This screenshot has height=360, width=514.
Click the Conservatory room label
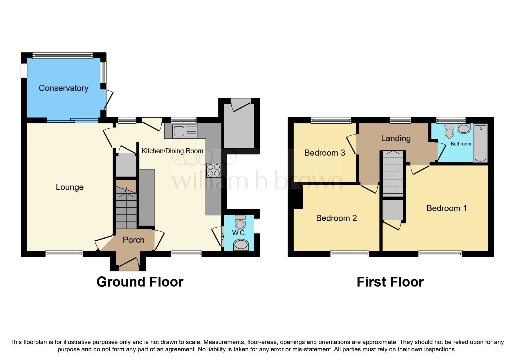[64, 88]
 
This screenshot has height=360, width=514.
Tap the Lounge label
[70, 187]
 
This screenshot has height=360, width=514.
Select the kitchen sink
[185, 131]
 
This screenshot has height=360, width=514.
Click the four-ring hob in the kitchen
[214, 170]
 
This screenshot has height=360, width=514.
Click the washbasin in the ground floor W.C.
[241, 245]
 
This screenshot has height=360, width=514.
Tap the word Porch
[134, 240]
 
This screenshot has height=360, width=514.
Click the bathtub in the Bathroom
[480, 143]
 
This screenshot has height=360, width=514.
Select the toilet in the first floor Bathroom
[449, 131]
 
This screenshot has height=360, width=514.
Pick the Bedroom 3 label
[324, 153]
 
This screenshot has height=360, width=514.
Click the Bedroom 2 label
[336, 218]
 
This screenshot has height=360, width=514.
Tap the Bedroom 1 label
[447, 208]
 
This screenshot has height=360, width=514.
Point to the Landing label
[396, 138]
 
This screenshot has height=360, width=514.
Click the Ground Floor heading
[140, 282]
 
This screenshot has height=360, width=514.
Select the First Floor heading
[390, 282]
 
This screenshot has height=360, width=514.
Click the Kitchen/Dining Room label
[172, 151]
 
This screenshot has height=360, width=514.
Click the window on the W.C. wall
[257, 226]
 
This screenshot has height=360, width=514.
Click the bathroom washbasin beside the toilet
[463, 129]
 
